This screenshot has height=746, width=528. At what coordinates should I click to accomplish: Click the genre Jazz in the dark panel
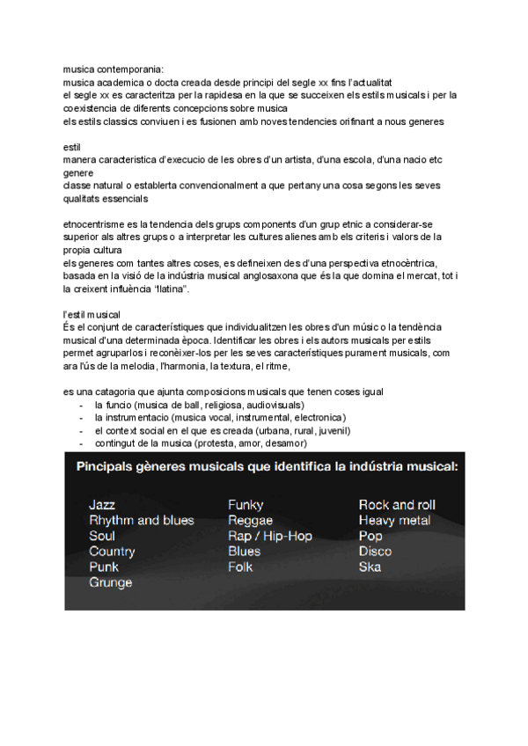click(102, 505)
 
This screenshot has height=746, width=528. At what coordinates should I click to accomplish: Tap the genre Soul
click(102, 536)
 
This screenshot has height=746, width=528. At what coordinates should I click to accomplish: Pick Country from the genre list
click(112, 552)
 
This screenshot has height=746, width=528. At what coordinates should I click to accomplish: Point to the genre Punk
click(104, 567)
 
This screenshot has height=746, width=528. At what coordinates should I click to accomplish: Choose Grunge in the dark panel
click(111, 582)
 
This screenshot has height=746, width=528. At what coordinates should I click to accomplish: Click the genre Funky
click(246, 505)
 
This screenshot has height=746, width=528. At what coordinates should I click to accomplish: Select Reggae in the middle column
click(251, 521)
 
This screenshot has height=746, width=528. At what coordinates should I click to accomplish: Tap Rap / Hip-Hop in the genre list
click(270, 536)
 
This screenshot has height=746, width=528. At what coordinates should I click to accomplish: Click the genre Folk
click(240, 567)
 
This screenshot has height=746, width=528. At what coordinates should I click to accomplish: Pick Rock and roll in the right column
click(397, 505)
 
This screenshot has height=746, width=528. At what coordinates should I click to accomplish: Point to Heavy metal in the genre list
click(395, 521)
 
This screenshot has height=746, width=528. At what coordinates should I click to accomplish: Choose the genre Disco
click(375, 552)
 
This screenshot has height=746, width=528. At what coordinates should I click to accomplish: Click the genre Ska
click(370, 567)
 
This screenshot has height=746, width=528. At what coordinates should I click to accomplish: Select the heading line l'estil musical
click(92, 315)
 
